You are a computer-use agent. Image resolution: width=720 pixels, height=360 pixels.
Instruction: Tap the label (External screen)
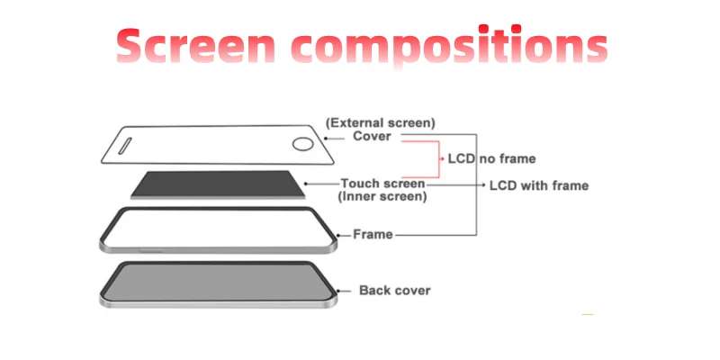point(381,121)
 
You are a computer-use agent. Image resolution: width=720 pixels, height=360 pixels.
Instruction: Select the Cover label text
point(372,136)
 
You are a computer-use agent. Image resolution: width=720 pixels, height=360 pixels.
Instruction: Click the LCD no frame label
point(491,158)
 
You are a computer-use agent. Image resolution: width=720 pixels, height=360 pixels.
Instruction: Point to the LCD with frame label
point(538,185)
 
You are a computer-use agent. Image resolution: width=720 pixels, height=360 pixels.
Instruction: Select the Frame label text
point(373,234)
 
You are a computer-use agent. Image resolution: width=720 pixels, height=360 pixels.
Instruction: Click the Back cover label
point(394,290)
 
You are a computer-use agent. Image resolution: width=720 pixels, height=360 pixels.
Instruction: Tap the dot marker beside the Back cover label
point(339,290)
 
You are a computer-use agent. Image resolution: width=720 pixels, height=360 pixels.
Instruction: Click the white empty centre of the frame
point(216,229)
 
